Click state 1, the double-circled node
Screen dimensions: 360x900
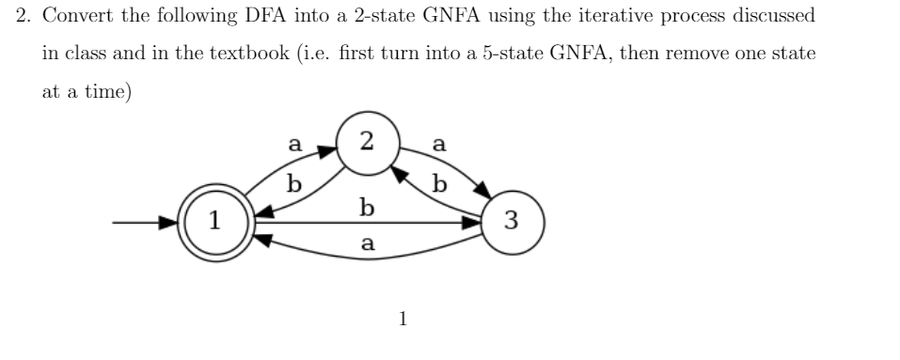[215, 224]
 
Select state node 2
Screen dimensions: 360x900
[365, 142]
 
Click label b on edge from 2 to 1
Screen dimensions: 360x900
[294, 183]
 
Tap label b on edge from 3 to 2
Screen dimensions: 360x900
[437, 183]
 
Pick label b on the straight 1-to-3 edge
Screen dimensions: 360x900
[368, 206]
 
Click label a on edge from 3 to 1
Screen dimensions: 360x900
[368, 243]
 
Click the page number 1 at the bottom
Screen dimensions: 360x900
[403, 320]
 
